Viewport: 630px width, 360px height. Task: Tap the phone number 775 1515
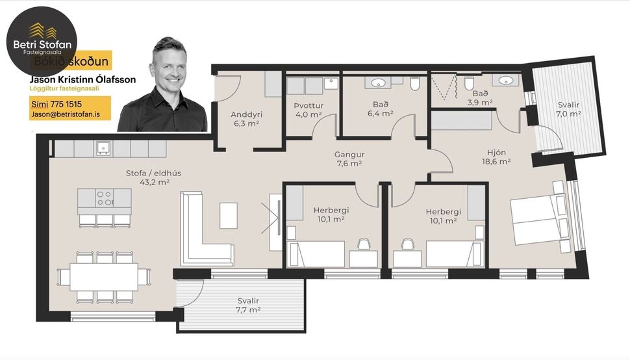pyautogui.click(x=57, y=103)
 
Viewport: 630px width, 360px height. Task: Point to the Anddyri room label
pyautogui.click(x=246, y=118)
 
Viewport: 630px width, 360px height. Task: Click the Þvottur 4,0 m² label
pyautogui.click(x=308, y=110)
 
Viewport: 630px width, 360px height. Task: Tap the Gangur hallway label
pyautogui.click(x=349, y=159)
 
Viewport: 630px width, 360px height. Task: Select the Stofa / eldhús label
pyautogui.click(x=147, y=177)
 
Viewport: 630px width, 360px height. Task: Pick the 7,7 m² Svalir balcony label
pyautogui.click(x=248, y=305)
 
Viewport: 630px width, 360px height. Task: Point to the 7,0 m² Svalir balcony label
pyautogui.click(x=568, y=109)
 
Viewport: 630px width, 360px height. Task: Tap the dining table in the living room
pyautogui.click(x=104, y=276)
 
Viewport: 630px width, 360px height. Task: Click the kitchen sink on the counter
pyautogui.click(x=103, y=149)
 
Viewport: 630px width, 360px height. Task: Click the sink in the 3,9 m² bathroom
pyautogui.click(x=507, y=81)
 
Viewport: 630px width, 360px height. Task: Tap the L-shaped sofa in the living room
pyautogui.click(x=201, y=234)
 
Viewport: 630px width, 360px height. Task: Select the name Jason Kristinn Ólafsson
pyautogui.click(x=82, y=79)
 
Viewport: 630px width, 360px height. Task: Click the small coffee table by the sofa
pyautogui.click(x=229, y=215)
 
